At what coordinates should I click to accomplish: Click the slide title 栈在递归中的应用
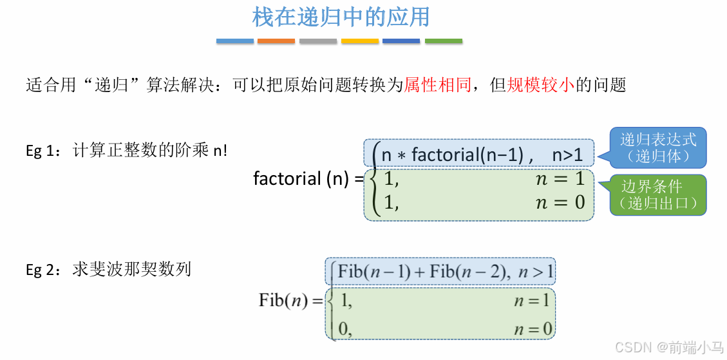pyautogui.click(x=341, y=17)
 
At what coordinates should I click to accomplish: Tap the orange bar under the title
pyautogui.click(x=276, y=41)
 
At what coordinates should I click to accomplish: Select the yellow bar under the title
pyautogui.click(x=360, y=41)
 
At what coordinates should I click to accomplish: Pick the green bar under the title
pyautogui.click(x=444, y=41)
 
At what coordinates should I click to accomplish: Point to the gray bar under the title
pyautogui.click(x=318, y=41)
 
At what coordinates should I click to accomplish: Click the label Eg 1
pyautogui.click(x=42, y=151)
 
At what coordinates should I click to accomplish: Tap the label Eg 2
pyautogui.click(x=42, y=269)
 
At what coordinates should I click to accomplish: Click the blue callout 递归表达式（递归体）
pyautogui.click(x=658, y=147)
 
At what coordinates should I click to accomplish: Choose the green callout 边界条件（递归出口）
pyautogui.click(x=658, y=195)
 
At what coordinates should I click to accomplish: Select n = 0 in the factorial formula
pyautogui.click(x=560, y=202)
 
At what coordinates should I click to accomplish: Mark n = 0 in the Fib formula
pyautogui.click(x=533, y=330)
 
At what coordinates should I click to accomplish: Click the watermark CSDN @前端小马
pyautogui.click(x=668, y=348)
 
